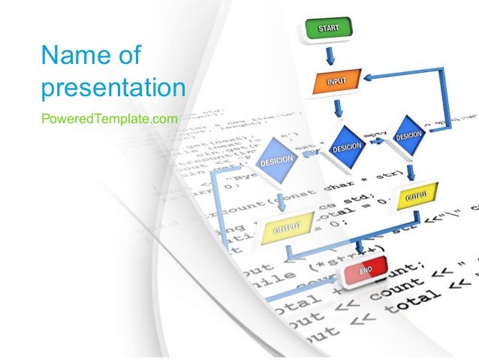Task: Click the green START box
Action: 328,29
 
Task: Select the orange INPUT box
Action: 336,80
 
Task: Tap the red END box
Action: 364,271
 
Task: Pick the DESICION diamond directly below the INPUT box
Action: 346,146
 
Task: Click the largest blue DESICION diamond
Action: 279,162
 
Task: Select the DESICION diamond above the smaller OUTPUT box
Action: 408,135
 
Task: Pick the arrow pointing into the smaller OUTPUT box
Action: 410,169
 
